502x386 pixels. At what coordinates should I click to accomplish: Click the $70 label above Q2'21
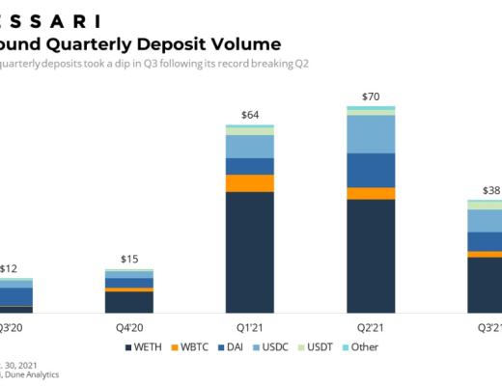370,96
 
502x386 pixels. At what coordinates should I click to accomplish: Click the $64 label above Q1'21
250,116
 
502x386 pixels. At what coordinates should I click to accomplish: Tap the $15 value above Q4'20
129,259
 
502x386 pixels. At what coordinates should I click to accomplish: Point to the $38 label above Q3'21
490,190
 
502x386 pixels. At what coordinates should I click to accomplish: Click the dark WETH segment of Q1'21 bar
250,253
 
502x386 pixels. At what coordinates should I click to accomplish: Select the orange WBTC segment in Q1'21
250,183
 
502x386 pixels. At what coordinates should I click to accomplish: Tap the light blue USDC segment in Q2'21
370,133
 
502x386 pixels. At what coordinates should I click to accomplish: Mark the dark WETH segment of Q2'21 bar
370,256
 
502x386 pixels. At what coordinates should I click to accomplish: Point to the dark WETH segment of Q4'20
129,302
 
